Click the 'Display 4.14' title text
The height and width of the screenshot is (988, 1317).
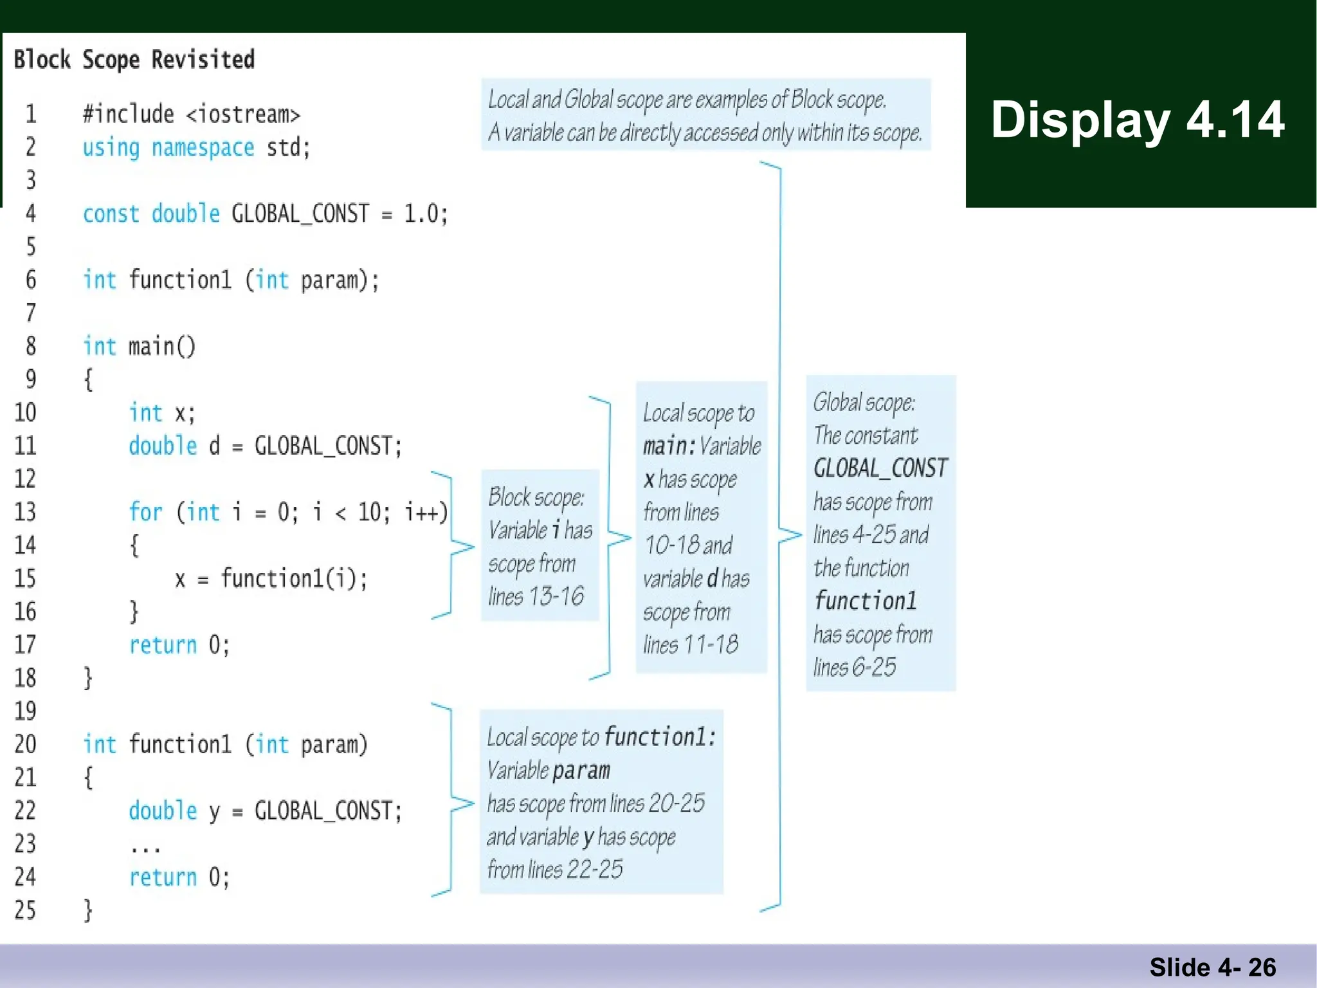(1137, 120)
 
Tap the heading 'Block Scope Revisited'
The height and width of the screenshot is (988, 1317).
(134, 60)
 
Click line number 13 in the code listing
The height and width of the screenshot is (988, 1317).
(25, 512)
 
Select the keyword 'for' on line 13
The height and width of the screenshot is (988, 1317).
(145, 512)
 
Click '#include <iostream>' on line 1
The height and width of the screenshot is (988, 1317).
(192, 114)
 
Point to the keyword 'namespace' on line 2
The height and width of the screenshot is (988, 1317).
(203, 148)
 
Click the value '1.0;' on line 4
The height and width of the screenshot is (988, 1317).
(425, 214)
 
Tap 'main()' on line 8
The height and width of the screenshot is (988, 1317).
(161, 347)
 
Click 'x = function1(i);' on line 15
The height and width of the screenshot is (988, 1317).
(271, 579)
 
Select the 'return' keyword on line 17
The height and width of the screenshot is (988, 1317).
(163, 645)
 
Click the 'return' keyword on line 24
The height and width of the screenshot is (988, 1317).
(163, 877)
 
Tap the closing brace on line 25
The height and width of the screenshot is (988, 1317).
(89, 911)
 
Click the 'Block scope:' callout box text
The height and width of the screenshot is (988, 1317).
(536, 497)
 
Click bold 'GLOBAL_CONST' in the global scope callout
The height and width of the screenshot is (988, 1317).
(880, 468)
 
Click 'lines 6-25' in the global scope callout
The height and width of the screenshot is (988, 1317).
(854, 668)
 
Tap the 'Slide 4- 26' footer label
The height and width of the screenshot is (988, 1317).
(1212, 967)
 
